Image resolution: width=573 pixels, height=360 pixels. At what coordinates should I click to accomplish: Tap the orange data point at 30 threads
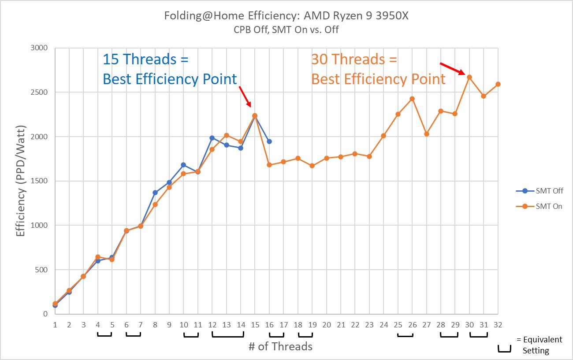click(x=469, y=77)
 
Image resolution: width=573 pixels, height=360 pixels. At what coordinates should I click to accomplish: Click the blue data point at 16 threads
click(x=269, y=141)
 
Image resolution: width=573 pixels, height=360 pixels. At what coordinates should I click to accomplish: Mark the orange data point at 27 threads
click(x=427, y=134)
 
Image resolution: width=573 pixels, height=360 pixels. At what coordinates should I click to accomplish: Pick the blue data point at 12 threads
click(x=212, y=138)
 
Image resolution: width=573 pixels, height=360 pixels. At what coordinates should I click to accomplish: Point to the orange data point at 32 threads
click(x=498, y=84)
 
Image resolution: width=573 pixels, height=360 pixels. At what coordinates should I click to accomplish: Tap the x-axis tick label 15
click(x=255, y=325)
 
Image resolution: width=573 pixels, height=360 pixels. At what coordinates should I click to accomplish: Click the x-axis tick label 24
click(x=383, y=325)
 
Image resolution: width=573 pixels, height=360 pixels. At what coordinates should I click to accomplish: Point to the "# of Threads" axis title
click(x=280, y=347)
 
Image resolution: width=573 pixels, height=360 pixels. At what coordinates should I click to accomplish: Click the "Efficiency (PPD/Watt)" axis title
click(x=21, y=181)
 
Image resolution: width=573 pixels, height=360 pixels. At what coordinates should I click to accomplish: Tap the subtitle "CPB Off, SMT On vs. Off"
click(x=286, y=30)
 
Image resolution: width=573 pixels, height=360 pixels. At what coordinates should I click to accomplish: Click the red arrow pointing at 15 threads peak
click(x=245, y=96)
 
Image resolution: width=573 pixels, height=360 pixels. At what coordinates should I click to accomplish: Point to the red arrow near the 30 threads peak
click(x=452, y=68)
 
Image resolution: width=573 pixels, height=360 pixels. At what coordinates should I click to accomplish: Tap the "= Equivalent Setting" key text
click(x=539, y=345)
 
